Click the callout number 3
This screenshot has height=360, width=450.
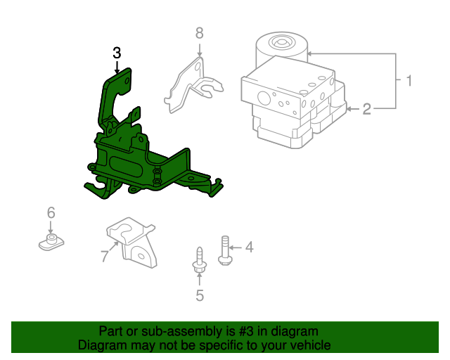pyautogui.click(x=117, y=52)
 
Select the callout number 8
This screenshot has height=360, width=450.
pyautogui.click(x=199, y=32)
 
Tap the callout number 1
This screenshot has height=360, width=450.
pyautogui.click(x=408, y=81)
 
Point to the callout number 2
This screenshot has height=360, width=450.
pyautogui.click(x=367, y=108)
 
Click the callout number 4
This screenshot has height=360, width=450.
pyautogui.click(x=248, y=247)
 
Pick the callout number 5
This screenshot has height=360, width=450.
pyautogui.click(x=199, y=296)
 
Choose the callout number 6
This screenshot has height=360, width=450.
pyautogui.click(x=51, y=212)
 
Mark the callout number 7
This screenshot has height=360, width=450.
pyautogui.click(x=105, y=257)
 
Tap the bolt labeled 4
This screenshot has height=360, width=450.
pyautogui.click(x=225, y=250)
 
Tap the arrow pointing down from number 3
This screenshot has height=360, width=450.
pyautogui.click(x=117, y=67)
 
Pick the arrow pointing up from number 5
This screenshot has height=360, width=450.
pyautogui.click(x=199, y=280)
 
